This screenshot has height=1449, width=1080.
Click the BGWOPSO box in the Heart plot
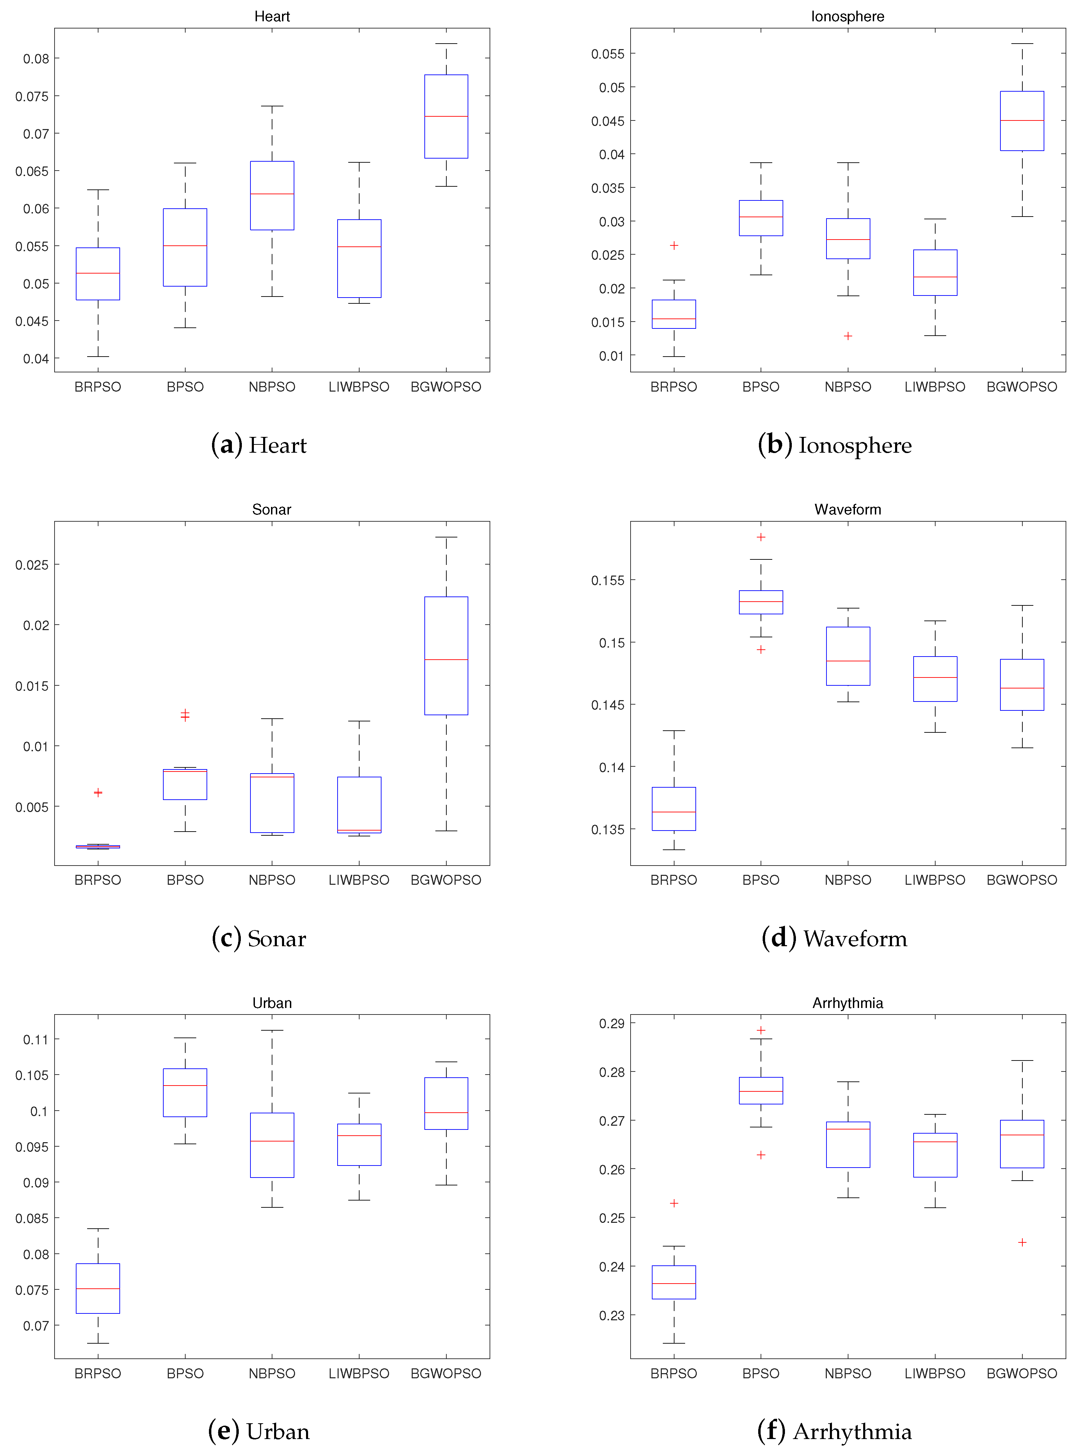(x=446, y=116)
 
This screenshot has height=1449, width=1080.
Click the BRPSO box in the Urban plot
(x=98, y=1288)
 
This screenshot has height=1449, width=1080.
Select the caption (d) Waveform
(x=834, y=938)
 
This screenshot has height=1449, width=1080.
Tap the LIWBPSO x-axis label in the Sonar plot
(x=359, y=880)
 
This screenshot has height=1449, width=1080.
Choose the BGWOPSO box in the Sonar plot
(x=446, y=656)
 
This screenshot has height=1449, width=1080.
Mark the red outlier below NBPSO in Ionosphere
(x=848, y=336)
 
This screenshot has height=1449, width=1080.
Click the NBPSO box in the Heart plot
(x=272, y=196)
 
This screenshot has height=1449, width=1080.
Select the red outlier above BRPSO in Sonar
(x=98, y=792)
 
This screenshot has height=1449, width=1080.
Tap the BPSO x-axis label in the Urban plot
(x=185, y=1373)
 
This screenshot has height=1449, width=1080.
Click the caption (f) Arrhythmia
(x=834, y=1431)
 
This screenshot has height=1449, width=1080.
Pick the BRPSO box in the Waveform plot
(x=674, y=809)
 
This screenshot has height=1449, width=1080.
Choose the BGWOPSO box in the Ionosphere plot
(x=1022, y=121)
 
